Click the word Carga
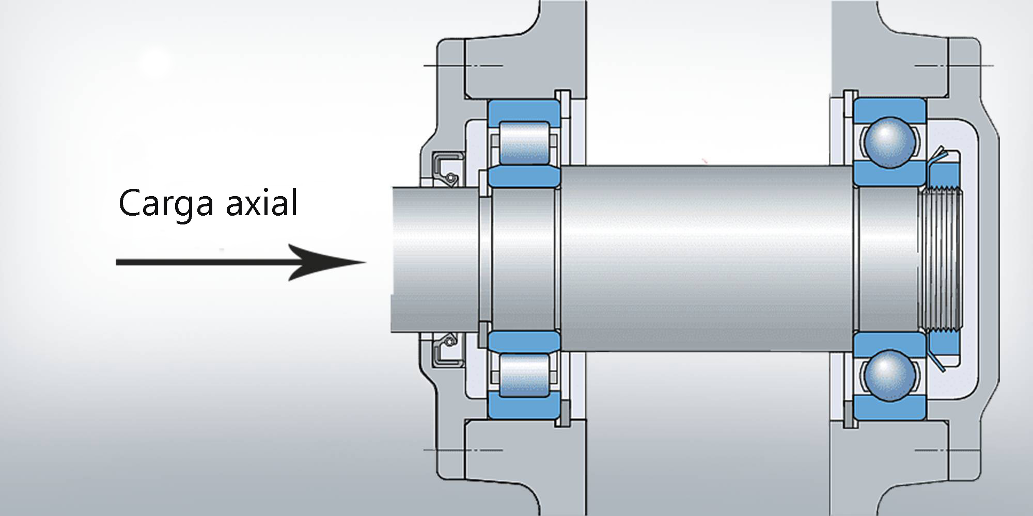[165, 203]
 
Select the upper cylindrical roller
[524, 143]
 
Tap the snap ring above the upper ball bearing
[849, 103]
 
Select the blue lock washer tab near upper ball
[936, 157]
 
